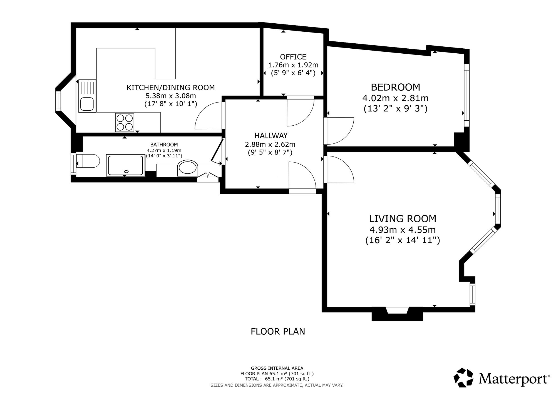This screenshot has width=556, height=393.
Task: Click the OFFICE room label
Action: (x=293, y=57)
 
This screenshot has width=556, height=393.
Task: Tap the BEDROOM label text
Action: (x=395, y=87)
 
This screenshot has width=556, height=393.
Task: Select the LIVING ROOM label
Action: (x=403, y=219)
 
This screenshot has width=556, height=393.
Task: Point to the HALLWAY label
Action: (x=271, y=136)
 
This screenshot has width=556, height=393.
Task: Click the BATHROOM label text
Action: (x=164, y=145)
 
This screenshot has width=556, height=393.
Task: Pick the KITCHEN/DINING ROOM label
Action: (x=171, y=88)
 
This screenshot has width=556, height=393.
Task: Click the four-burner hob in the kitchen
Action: (x=125, y=123)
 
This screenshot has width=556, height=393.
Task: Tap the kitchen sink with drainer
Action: (x=87, y=96)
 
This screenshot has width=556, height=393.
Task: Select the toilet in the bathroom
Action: (x=88, y=161)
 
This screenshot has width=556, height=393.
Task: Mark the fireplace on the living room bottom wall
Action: (x=397, y=314)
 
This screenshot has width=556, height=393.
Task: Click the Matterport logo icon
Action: (x=463, y=377)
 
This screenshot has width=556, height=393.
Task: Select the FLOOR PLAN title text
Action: (x=278, y=332)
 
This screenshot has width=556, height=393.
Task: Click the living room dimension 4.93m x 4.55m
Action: (x=402, y=230)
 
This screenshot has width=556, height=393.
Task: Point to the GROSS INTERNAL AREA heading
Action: (x=277, y=368)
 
